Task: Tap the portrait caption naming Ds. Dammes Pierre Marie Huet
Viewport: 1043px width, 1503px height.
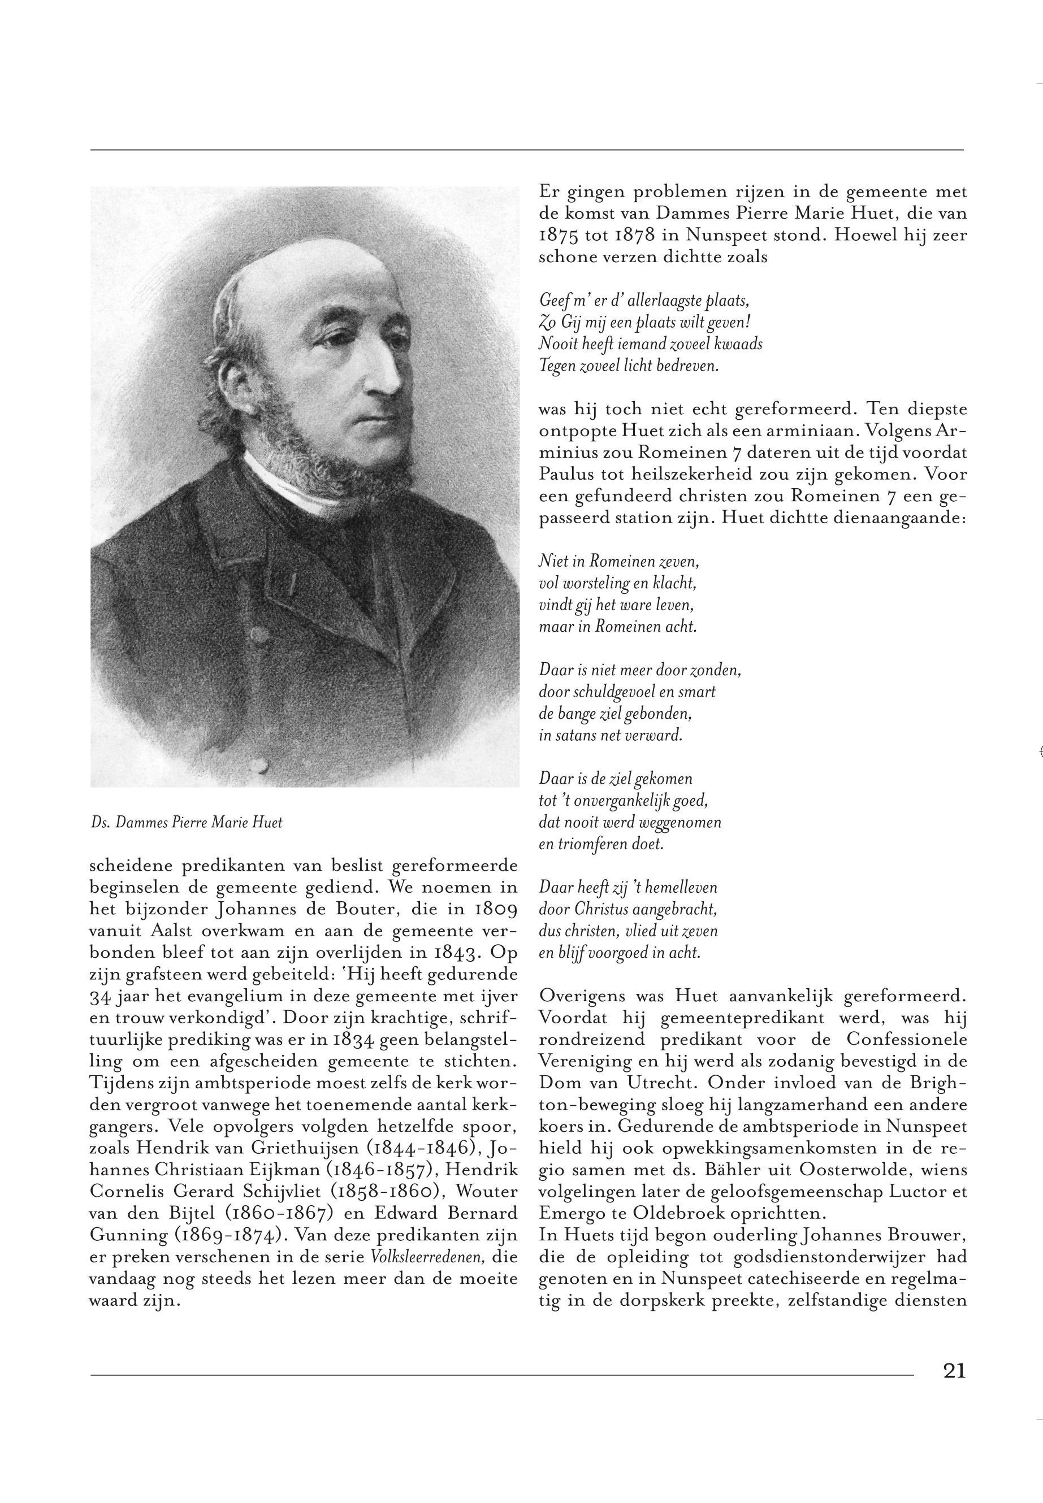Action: point(187,822)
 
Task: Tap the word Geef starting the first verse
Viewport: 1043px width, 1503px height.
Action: point(552,301)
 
